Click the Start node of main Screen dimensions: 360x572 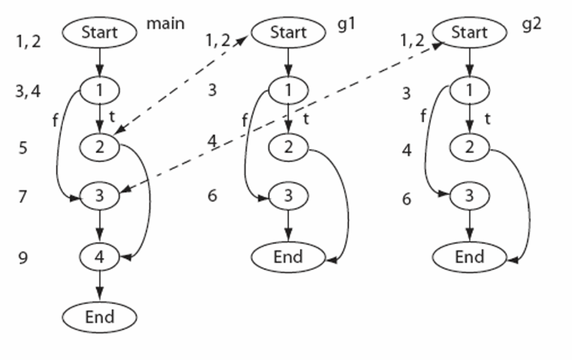pos(99,32)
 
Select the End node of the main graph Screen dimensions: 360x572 pos(99,317)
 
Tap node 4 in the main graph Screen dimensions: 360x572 pos(99,257)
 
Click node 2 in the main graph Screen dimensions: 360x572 pos(99,147)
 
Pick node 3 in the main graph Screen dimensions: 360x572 pos(99,196)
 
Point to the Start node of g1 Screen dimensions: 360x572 pos(288,32)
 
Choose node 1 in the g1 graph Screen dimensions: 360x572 pos(288,89)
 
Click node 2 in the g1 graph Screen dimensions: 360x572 pos(288,147)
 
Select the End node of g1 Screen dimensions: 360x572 pos(288,257)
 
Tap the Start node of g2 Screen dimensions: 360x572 pos(470,32)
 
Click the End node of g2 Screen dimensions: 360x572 pos(470,257)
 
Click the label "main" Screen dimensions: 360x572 pos(165,23)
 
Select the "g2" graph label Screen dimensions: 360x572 pos(532,26)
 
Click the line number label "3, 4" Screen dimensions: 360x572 pos(28,91)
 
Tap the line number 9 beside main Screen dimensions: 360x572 pos(23,258)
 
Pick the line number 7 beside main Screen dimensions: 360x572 pos(22,197)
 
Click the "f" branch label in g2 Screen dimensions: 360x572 pos(423,117)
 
